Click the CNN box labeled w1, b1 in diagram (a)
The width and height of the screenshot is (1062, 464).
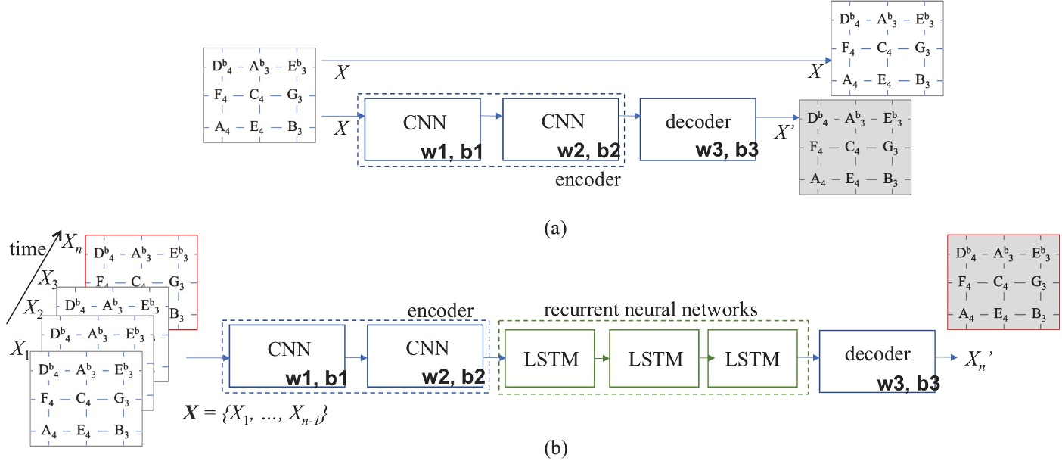click(x=422, y=129)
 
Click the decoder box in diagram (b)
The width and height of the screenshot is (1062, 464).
click(x=876, y=360)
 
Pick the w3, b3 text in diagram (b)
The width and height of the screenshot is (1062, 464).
click(x=908, y=384)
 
